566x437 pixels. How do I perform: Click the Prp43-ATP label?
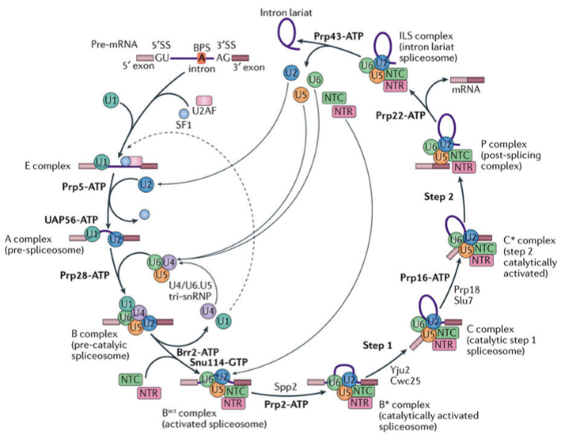click(x=338, y=37)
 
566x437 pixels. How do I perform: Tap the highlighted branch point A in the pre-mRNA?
click(x=202, y=58)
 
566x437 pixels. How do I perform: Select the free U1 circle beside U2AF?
click(x=111, y=100)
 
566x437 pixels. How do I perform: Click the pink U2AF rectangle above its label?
click(x=204, y=101)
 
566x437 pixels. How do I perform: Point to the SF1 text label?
click(x=184, y=125)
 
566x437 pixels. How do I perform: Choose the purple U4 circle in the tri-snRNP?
click(x=169, y=262)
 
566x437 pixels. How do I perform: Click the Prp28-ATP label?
click(x=85, y=275)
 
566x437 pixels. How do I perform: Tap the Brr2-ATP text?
click(x=198, y=352)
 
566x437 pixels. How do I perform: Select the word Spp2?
click(x=286, y=387)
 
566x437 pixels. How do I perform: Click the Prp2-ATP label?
click(x=287, y=405)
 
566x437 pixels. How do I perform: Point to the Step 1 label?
click(x=377, y=346)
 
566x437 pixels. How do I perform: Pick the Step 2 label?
click(x=439, y=197)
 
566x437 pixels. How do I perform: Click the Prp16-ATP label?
click(x=425, y=278)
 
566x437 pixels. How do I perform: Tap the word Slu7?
click(x=463, y=301)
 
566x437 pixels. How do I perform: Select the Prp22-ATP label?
click(x=400, y=116)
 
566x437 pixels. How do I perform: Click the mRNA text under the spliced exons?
click(x=466, y=89)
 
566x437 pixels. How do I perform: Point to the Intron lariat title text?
click(x=287, y=13)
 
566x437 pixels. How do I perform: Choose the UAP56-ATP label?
click(x=71, y=220)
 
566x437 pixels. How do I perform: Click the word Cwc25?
click(x=405, y=381)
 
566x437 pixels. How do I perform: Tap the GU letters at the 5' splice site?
click(x=162, y=58)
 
